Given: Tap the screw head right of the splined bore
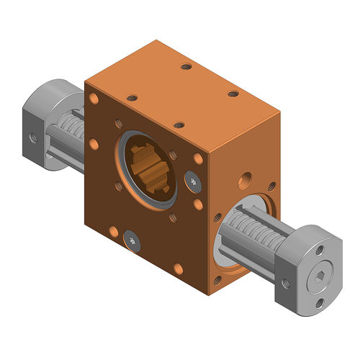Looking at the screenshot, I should (192, 181).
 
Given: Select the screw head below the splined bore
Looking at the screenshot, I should (130, 240).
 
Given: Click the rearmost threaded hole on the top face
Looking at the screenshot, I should (186, 66).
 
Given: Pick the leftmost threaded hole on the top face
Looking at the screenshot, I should (131, 97).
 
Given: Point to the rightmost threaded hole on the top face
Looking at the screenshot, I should (233, 94).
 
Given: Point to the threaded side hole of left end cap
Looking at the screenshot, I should (31, 134).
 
